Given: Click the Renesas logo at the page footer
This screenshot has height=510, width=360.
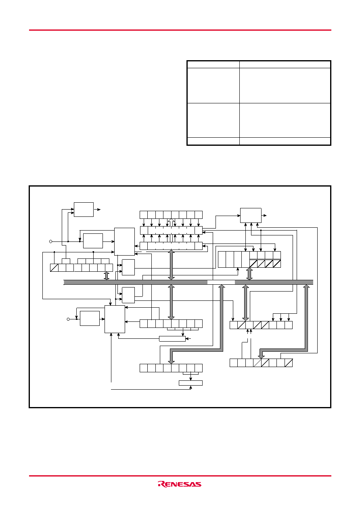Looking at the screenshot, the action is (180, 484).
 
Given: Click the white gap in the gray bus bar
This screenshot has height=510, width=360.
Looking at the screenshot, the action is (221, 282).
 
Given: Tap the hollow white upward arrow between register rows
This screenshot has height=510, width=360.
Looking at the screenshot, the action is (171, 222).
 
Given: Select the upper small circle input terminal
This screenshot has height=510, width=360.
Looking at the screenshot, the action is (51, 241).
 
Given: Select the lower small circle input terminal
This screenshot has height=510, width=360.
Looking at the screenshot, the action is (68, 319).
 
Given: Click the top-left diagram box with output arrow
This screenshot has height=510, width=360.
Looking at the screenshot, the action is (84, 210).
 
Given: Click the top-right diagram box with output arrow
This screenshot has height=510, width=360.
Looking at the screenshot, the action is (251, 215).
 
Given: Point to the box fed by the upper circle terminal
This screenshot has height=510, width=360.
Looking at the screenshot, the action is (93, 241).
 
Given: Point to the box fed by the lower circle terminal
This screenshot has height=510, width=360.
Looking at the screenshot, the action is (90, 318).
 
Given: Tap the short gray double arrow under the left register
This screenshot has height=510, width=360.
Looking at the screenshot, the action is (107, 275).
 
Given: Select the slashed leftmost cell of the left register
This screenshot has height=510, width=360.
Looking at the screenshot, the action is (54, 268).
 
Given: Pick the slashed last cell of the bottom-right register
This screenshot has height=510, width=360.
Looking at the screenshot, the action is (289, 363).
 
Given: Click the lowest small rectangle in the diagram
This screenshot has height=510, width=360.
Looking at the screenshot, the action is (191, 383).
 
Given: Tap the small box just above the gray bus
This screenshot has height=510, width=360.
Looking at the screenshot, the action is (128, 267).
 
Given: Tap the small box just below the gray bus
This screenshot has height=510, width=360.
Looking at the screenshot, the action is (128, 295).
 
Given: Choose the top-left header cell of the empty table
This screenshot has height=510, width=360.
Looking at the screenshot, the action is (213, 65).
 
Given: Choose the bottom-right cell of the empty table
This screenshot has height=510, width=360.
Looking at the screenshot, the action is (285, 141).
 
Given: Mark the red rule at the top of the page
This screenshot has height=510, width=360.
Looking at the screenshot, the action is (180, 30).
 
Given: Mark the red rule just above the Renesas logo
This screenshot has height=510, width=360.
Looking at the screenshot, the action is (180, 476).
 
